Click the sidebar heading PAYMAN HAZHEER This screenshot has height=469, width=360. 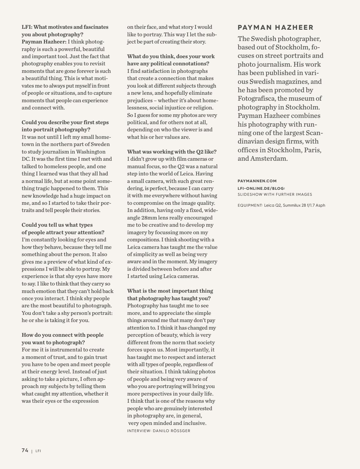pyautogui.click(x=275, y=28)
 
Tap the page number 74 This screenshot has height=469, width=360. pyautogui.click(x=25, y=450)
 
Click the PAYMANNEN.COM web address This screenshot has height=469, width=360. pyautogui.click(x=257, y=181)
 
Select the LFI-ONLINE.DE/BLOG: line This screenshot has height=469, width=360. pyautogui.click(x=261, y=188)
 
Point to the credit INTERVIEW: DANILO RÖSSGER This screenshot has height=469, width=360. pyautogui.click(x=158, y=431)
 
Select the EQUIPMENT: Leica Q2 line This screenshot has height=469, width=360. pyautogui.click(x=281, y=205)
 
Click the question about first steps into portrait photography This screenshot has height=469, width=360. pyautogui.click(x=65, y=126)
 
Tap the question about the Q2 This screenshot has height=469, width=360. pyautogui.click(x=172, y=152)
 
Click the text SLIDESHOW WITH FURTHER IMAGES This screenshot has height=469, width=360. pyautogui.click(x=275, y=194)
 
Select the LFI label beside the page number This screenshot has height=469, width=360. pyautogui.click(x=38, y=451)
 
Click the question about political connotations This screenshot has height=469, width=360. pyautogui.click(x=171, y=60)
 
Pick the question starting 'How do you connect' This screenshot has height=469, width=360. pyautogui.click(x=62, y=339)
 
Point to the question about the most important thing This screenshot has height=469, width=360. pyautogui.click(x=170, y=295)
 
